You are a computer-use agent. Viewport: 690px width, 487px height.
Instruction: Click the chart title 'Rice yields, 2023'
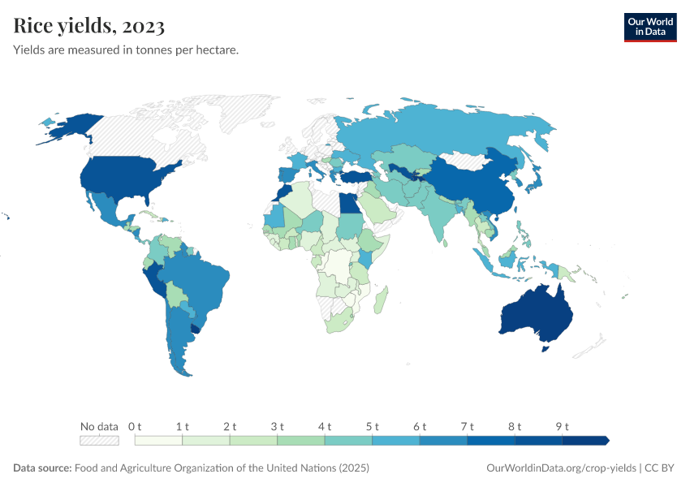pos(89,26)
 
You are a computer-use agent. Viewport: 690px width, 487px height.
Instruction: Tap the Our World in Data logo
pos(649,27)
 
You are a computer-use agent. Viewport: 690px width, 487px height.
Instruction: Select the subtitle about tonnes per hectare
pos(126,50)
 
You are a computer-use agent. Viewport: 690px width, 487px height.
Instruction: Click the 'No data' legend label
pos(99,426)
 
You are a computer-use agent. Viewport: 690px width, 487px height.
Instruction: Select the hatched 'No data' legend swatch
pos(99,441)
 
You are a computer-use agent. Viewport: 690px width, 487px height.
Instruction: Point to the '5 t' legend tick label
pos(372,426)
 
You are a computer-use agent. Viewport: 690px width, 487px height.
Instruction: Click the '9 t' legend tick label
pos(562,426)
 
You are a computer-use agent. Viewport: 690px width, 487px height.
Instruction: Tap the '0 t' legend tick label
pos(135,426)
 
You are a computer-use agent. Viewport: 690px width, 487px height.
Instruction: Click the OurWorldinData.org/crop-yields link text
pos(561,468)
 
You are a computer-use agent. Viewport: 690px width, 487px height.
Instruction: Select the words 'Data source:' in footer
pos(42,468)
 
